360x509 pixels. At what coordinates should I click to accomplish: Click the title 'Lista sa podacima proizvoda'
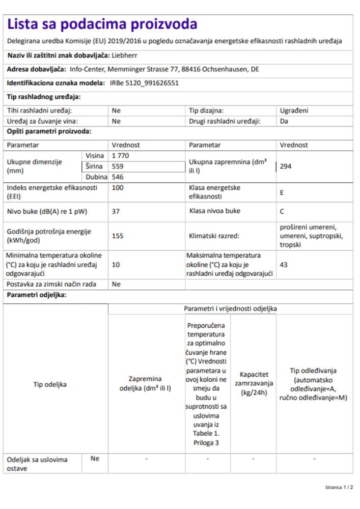pyautogui.click(x=102, y=24)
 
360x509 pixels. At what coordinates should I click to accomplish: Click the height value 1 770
pyautogui.click(x=121, y=155)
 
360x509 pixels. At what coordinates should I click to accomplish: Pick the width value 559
pyautogui.click(x=118, y=166)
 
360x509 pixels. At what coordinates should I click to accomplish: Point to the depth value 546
pyautogui.click(x=118, y=177)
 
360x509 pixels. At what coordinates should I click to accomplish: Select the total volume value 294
pyautogui.click(x=286, y=166)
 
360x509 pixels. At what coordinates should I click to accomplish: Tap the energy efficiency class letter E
pyautogui.click(x=282, y=193)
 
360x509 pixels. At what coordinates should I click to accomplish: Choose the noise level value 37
pyautogui.click(x=116, y=211)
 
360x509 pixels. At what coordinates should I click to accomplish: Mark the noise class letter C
pyautogui.click(x=282, y=211)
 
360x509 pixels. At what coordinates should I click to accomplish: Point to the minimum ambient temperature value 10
pyautogui.click(x=116, y=265)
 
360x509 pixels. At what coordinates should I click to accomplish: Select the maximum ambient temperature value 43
pyautogui.click(x=284, y=265)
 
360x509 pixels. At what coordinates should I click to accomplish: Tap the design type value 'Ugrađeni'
pyautogui.click(x=294, y=110)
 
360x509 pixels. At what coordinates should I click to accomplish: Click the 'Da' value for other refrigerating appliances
pyautogui.click(x=284, y=121)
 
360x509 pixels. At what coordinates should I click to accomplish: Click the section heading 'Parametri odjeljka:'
pyautogui.click(x=37, y=295)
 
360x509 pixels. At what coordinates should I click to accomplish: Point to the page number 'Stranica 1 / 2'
pyautogui.click(x=339, y=487)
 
